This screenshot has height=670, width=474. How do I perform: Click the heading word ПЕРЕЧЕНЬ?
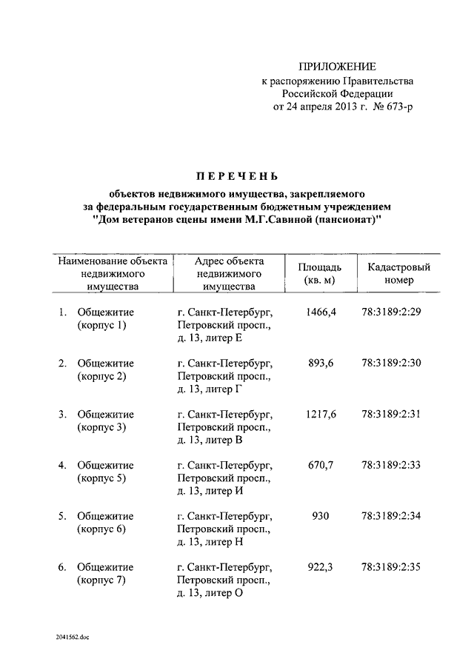coord(236,176)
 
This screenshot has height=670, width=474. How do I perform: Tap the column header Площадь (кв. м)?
coord(320,274)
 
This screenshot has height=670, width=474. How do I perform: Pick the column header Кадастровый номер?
coord(393,274)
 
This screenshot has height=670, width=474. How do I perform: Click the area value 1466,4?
coord(320,312)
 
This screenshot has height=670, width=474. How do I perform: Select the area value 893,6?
coord(320,363)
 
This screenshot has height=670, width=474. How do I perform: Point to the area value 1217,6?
coord(320,414)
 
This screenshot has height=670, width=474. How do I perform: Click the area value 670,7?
coord(320,465)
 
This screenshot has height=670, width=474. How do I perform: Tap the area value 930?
coord(320,516)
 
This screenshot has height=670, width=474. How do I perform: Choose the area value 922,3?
coord(320,567)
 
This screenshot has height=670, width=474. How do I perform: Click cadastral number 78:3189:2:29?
coord(391,312)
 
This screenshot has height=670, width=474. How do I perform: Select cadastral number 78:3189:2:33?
coord(391,465)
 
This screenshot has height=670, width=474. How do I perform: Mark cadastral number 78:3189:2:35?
coord(391,567)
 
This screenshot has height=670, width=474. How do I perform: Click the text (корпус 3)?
coord(101,427)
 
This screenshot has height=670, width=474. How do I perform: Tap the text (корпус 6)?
coord(101,529)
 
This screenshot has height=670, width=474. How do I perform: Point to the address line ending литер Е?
coord(210,338)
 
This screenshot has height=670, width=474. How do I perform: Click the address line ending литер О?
coord(210,594)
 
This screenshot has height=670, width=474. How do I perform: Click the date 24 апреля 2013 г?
coord(321,107)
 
